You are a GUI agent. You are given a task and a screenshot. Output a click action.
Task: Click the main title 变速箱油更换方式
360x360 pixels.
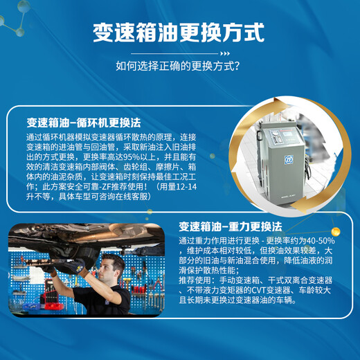point(179,33)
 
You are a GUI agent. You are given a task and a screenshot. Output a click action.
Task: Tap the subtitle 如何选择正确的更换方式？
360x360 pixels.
point(179,67)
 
